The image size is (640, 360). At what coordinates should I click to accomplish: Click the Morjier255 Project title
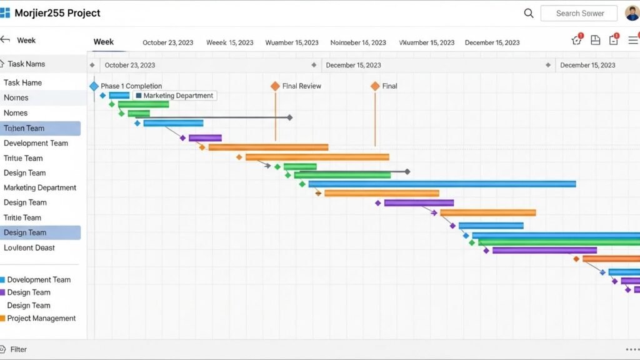pyautogui.click(x=57, y=13)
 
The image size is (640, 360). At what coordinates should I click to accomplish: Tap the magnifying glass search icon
pyautogui.click(x=529, y=13)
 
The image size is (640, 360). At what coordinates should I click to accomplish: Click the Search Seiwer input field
pyautogui.click(x=579, y=13)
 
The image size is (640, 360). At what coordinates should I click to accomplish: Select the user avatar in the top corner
pyautogui.click(x=632, y=13)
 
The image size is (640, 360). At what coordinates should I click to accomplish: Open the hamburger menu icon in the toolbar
pyautogui.click(x=633, y=41)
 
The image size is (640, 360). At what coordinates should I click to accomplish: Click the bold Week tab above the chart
pyautogui.click(x=104, y=42)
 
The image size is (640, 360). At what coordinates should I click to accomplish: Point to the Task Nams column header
pyautogui.click(x=26, y=64)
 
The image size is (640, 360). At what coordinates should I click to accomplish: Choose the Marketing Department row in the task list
pyautogui.click(x=40, y=187)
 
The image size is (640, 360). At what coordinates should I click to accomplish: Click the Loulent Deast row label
pyautogui.click(x=29, y=247)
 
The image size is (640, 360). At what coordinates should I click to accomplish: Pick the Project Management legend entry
pyautogui.click(x=41, y=318)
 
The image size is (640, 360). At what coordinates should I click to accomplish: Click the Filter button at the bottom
pyautogui.click(x=18, y=349)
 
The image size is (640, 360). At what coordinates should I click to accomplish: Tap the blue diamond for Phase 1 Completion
pyautogui.click(x=94, y=86)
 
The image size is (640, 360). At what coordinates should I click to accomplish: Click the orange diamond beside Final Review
pyautogui.click(x=275, y=86)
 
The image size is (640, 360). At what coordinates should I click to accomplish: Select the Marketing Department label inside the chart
pyautogui.click(x=178, y=96)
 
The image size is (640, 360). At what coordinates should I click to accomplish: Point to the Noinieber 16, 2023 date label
pyautogui.click(x=358, y=42)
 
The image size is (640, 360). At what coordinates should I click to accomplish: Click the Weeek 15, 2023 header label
pyautogui.click(x=230, y=42)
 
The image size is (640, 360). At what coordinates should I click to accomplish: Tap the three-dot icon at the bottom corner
pyautogui.click(x=632, y=349)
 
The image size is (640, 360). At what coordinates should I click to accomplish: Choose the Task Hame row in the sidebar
pyautogui.click(x=23, y=82)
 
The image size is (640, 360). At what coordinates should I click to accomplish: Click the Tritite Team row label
pyautogui.click(x=22, y=217)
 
